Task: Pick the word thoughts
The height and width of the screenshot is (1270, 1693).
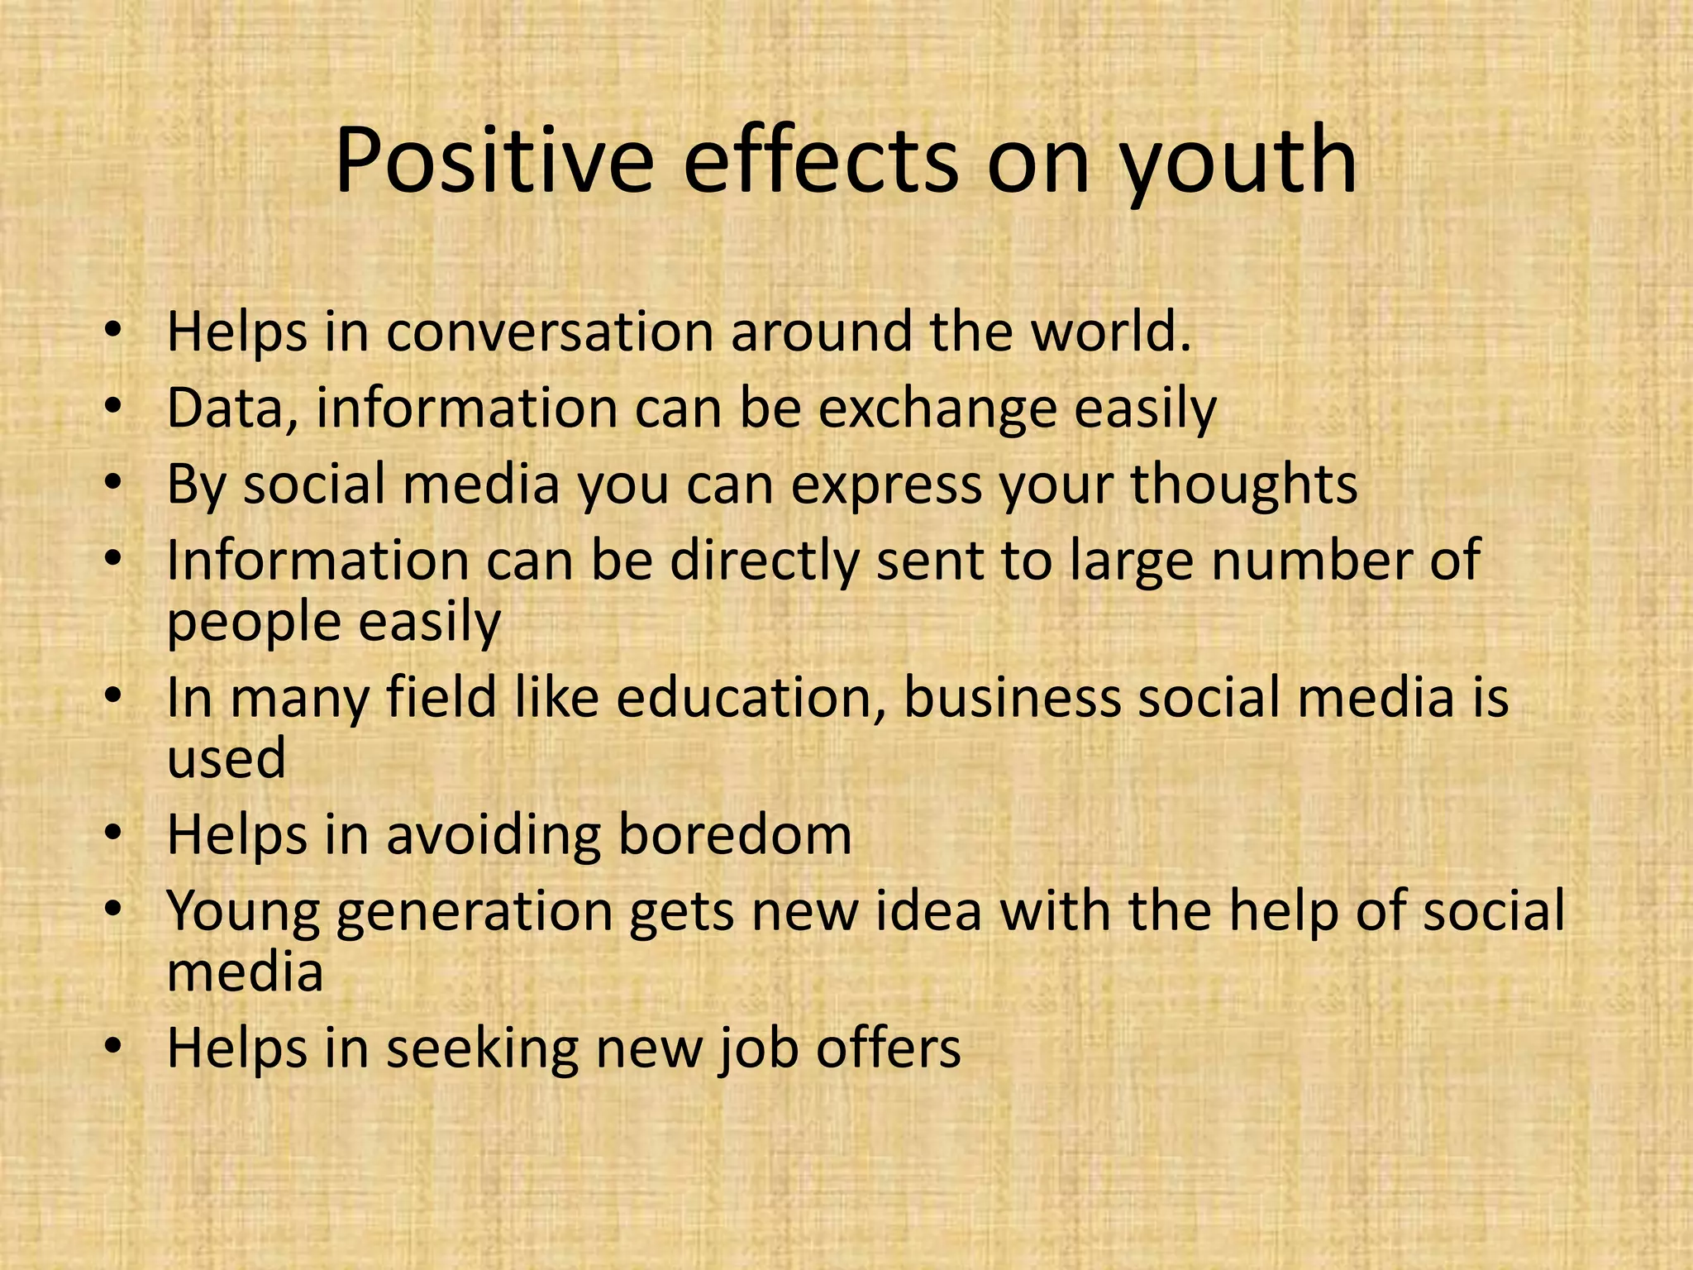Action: click(1244, 485)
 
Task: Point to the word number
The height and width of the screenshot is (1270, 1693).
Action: click(1295, 561)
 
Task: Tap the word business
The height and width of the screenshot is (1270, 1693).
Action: click(1012, 698)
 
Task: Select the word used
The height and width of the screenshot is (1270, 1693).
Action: click(227, 759)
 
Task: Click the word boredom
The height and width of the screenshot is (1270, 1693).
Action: click(735, 835)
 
